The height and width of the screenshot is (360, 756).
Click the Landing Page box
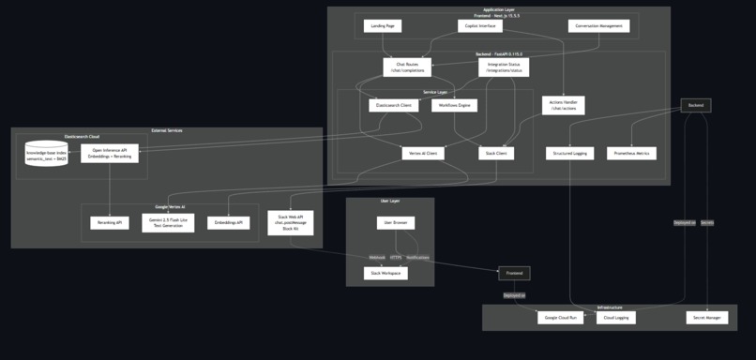(x=382, y=26)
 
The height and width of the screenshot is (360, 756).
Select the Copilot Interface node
(x=479, y=26)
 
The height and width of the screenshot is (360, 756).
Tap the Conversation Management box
(x=598, y=26)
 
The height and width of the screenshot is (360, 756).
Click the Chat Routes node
(x=407, y=67)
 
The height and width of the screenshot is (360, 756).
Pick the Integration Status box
(x=504, y=67)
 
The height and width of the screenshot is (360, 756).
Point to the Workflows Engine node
(x=454, y=106)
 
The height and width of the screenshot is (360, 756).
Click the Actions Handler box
(x=563, y=106)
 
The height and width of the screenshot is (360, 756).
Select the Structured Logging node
(x=569, y=154)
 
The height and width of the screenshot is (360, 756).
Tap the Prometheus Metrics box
(x=632, y=154)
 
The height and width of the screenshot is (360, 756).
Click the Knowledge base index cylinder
(x=46, y=154)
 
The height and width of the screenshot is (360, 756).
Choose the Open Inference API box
(x=110, y=154)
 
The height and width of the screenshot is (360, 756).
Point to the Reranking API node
(x=110, y=223)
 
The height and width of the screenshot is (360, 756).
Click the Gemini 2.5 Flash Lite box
(x=168, y=223)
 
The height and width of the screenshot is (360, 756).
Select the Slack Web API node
(x=290, y=223)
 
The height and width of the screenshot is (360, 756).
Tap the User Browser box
(x=396, y=223)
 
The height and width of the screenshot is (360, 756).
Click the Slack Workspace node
(x=386, y=274)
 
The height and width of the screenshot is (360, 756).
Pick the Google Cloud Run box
(x=562, y=318)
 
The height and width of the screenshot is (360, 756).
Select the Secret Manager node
(x=706, y=318)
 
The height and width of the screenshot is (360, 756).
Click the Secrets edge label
(x=707, y=223)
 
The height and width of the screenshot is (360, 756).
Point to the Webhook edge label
(x=376, y=257)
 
